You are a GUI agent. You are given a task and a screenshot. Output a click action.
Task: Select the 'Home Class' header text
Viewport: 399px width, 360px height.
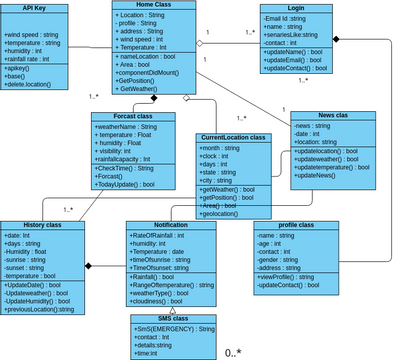151,6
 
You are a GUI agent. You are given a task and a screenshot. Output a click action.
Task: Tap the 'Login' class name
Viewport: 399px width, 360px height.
295,7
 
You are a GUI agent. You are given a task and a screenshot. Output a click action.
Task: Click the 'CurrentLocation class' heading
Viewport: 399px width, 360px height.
233,137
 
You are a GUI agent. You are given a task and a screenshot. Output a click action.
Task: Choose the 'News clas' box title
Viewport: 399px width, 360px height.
333,116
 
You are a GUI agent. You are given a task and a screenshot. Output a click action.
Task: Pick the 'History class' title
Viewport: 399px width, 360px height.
36,225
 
